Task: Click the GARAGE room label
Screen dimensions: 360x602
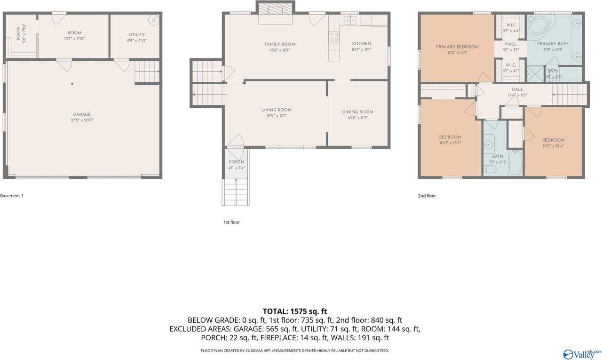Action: pos(82,114)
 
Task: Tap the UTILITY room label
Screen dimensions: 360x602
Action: pos(137,34)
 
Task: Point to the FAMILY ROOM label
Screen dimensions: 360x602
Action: pos(279,44)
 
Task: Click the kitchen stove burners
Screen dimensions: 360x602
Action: pos(334,37)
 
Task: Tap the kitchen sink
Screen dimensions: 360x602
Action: pos(350,20)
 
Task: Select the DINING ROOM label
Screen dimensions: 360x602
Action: pos(357,112)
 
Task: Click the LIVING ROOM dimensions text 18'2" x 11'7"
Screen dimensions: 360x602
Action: pos(277,116)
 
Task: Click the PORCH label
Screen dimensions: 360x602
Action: pos(236,162)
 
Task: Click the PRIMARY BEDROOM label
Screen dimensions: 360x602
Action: pos(457,47)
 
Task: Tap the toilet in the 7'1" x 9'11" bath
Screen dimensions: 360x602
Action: pos(490,169)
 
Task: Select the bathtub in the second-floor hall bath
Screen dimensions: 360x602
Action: pos(515,162)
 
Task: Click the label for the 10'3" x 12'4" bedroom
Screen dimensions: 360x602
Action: pos(553,140)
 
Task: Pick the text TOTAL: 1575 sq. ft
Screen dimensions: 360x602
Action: pos(294,311)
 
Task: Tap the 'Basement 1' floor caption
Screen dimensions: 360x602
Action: pos(12,196)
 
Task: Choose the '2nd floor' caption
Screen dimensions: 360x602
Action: pos(427,196)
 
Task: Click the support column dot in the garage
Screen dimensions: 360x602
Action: pos(72,84)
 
